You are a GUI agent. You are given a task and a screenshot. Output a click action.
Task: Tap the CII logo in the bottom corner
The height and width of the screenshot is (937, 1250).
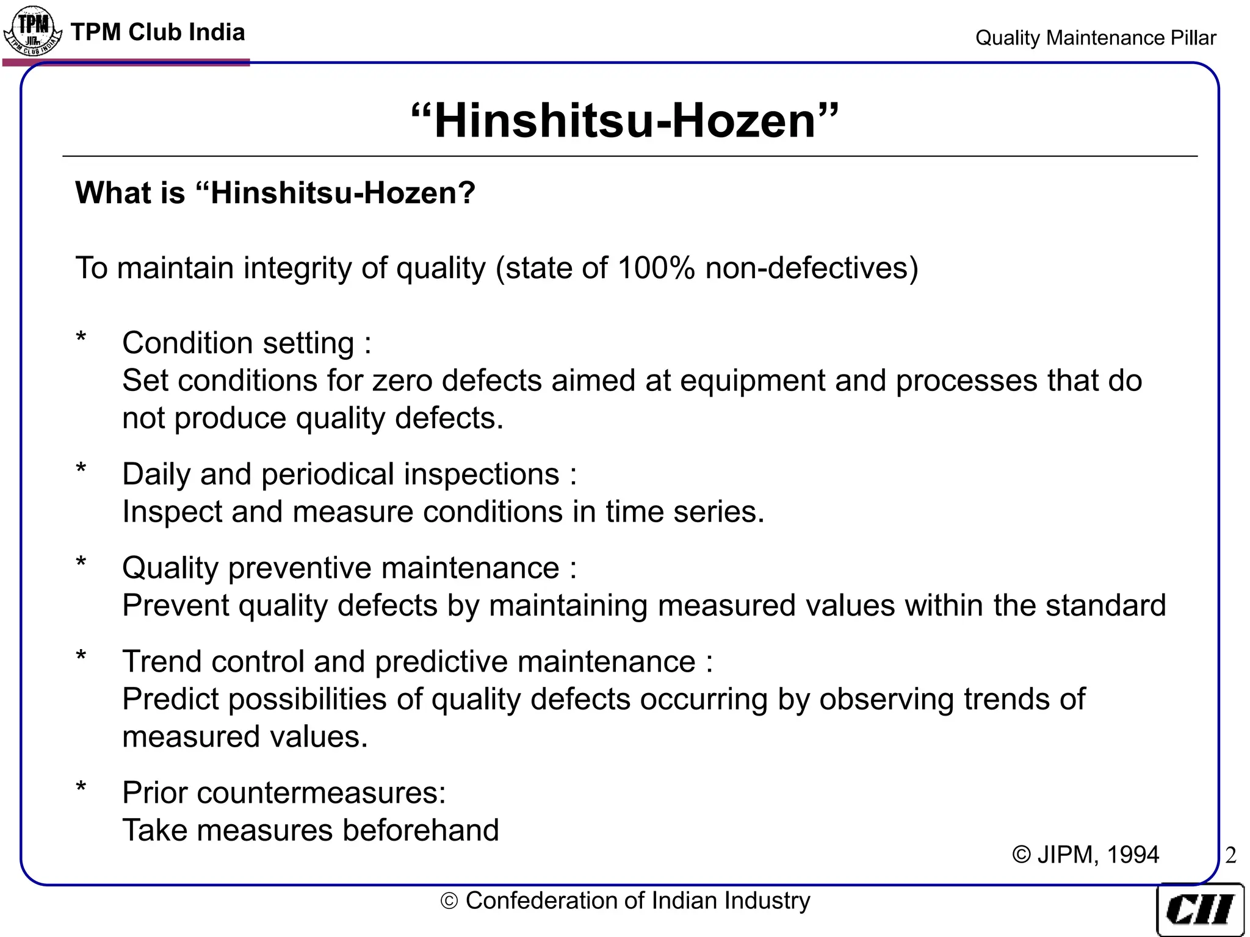1200,910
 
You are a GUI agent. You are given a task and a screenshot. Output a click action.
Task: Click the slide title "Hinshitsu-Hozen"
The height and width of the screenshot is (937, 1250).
625,120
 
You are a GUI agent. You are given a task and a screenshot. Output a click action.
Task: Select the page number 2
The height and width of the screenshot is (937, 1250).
1230,855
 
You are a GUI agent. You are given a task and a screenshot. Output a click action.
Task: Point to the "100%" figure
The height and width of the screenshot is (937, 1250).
656,268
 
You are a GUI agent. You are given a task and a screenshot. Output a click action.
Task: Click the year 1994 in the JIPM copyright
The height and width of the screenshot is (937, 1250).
1133,855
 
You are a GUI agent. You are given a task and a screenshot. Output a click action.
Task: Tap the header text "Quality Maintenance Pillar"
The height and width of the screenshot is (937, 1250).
1096,38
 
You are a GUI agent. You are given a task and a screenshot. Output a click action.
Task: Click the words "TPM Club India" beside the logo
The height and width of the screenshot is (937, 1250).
158,32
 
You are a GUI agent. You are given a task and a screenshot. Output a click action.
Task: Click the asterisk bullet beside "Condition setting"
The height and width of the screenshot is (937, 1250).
81,337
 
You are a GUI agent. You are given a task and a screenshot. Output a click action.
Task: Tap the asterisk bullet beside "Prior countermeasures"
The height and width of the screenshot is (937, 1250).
81,787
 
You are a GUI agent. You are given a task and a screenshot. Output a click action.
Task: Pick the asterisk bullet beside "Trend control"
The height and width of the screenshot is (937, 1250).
81,656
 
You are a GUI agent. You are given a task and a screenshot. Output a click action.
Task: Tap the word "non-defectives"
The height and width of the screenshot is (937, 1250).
811,268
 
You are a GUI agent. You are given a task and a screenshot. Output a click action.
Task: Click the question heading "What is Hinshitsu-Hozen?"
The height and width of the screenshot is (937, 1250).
275,193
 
